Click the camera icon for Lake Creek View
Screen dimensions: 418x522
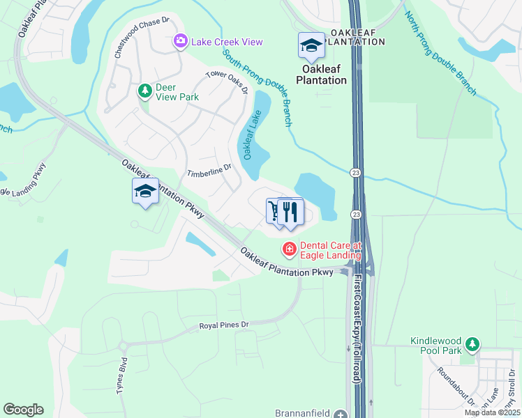click(x=181, y=42)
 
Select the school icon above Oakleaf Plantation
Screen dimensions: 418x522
click(x=311, y=45)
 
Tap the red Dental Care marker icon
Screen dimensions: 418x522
click(x=288, y=248)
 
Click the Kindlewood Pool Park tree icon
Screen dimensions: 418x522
click(x=472, y=343)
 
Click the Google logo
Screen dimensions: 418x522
click(x=23, y=410)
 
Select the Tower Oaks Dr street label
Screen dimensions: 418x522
click(x=228, y=83)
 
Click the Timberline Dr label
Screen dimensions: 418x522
click(x=209, y=170)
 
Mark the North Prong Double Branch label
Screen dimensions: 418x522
click(x=440, y=53)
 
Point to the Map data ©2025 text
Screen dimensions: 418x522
click(x=491, y=412)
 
